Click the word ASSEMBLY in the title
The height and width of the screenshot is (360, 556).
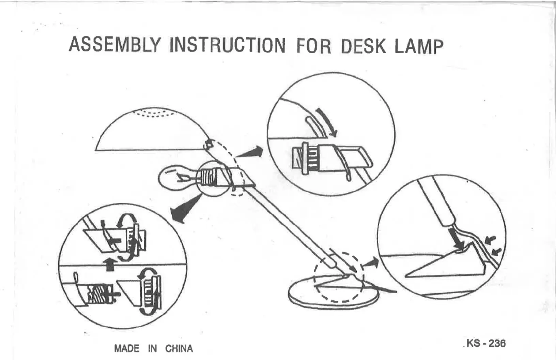114,44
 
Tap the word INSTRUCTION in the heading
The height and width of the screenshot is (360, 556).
227,45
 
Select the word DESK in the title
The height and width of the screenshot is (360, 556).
363,46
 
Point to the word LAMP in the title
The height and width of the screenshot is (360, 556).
419,47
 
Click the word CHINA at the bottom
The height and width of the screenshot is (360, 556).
179,349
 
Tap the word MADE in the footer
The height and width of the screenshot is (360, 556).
127,349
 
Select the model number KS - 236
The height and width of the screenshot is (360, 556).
486,343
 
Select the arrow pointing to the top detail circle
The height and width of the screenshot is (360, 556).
250,152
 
